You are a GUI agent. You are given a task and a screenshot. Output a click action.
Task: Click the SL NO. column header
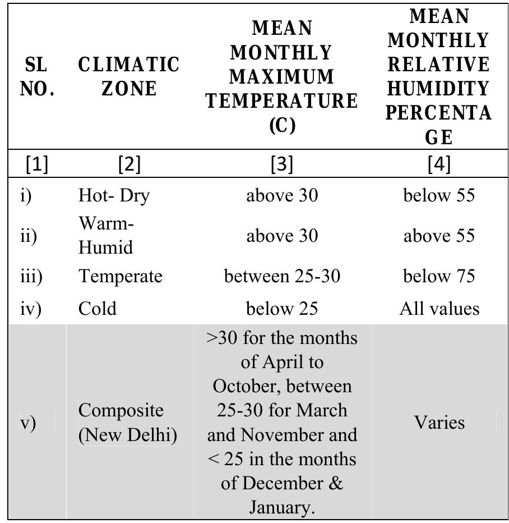point(37,77)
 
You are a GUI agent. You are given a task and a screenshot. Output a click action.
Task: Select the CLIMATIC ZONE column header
point(129,77)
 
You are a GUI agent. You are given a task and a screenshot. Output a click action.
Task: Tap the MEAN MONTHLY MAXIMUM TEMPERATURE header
point(281,76)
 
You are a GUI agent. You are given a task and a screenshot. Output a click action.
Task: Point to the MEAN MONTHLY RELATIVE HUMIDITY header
point(439,76)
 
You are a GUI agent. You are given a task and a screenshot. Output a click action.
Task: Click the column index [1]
point(37,164)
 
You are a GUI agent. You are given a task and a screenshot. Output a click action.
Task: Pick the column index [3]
point(281,164)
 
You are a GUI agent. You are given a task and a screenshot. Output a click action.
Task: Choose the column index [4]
point(439,164)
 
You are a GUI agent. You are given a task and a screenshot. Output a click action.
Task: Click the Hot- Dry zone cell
point(114,195)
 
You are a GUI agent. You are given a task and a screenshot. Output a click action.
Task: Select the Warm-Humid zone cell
point(107,236)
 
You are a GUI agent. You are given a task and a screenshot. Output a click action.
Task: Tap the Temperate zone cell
point(120,276)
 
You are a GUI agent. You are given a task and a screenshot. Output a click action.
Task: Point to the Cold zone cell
point(98,309)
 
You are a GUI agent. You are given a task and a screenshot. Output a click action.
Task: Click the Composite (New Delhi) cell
point(124,423)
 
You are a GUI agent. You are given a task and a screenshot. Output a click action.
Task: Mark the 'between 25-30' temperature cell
point(282,276)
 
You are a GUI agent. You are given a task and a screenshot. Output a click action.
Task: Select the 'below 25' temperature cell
point(282,309)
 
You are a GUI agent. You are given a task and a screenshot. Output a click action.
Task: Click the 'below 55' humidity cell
point(439,195)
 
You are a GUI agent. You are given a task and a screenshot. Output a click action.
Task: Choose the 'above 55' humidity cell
point(439,236)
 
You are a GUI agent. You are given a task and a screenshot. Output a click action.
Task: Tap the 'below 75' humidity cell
point(439,276)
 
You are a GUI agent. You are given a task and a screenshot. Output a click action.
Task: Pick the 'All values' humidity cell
point(439,309)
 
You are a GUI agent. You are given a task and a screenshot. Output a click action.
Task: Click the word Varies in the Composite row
point(439,423)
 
